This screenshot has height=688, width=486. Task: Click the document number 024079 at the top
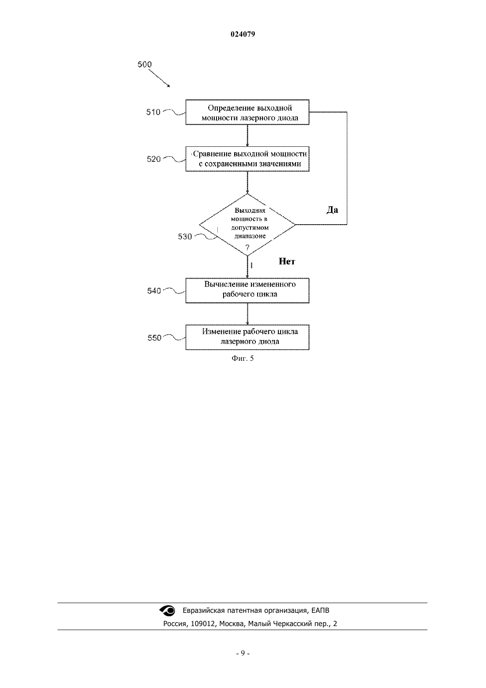(243, 34)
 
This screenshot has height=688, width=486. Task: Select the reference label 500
(144, 64)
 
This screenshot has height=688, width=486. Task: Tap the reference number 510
(153, 112)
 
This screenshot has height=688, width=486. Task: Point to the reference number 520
(154, 159)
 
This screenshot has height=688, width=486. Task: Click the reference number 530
(185, 237)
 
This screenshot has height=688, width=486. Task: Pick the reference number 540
(154, 290)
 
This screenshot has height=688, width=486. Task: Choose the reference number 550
(154, 338)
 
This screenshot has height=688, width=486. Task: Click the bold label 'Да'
(332, 210)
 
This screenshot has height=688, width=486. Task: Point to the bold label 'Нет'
(287, 261)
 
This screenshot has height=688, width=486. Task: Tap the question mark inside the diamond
(247, 247)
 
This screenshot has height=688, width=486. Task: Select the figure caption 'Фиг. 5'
(243, 359)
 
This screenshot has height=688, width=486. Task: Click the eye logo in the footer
(167, 611)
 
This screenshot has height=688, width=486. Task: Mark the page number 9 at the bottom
(243, 654)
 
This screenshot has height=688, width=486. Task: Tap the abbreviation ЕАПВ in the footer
(320, 611)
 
